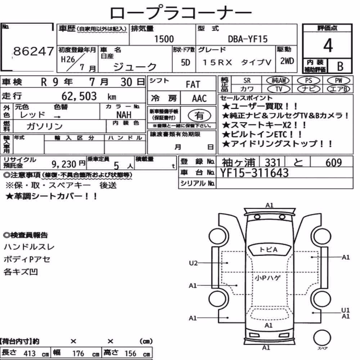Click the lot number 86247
coord(33,51)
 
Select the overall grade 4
coord(328,45)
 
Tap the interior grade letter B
coord(340,66)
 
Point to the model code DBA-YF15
coord(248,39)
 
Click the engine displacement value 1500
coord(164,39)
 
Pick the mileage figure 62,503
coord(79,96)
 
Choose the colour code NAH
coord(124,114)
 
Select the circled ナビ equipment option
coord(309,89)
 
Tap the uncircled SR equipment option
coord(247,81)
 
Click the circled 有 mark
coord(199,116)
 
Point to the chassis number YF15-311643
coord(254,173)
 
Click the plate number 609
coord(334,163)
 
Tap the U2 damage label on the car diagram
coord(193,263)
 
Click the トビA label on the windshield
coord(268,249)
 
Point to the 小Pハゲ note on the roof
coord(268,278)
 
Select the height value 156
coord(130,353)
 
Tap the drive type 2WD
coord(287,61)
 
